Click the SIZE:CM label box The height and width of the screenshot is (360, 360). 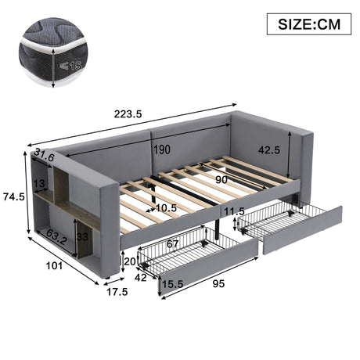point(309,24)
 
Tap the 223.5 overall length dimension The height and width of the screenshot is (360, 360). point(128,114)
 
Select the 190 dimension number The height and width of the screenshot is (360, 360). point(162,149)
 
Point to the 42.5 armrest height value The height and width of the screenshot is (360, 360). point(269,150)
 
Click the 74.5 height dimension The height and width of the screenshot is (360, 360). point(14,196)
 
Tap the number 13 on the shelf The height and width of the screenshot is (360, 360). point(39,183)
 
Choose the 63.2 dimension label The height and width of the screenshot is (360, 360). point(57,236)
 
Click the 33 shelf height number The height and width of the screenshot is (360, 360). point(82,237)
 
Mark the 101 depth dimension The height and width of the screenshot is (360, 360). point(54,266)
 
